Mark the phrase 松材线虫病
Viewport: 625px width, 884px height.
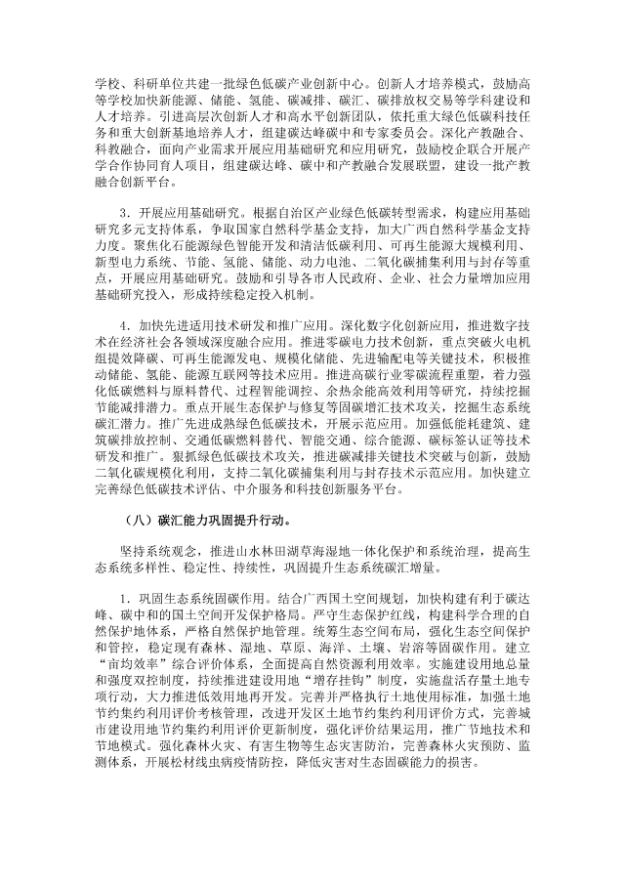pyautogui.click(x=228, y=811)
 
